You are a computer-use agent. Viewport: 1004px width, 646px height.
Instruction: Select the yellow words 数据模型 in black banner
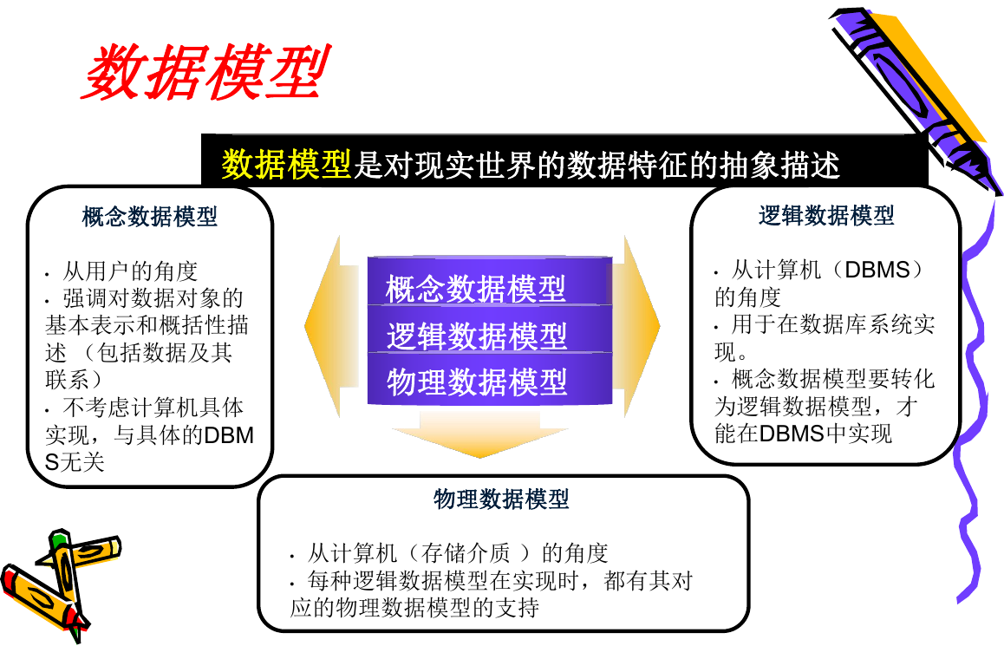[286, 164]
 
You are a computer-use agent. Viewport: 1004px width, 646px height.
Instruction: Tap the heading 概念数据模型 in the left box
[150, 217]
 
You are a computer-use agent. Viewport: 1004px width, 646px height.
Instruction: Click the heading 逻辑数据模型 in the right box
[826, 215]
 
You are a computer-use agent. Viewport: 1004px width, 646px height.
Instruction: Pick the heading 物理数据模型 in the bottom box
[501, 498]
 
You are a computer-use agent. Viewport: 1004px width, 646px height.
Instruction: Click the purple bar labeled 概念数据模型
[490, 281]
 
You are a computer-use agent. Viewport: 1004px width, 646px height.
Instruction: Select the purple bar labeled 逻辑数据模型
[490, 330]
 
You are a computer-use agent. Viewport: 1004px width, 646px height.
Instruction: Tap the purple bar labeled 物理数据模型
[490, 378]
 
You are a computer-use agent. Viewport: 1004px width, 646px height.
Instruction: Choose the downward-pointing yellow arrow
[480, 434]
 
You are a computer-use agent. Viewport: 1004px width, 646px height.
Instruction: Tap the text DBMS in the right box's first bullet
[877, 270]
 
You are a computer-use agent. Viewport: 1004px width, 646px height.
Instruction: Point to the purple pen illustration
[916, 96]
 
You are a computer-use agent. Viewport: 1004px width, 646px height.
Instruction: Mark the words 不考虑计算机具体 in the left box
[153, 408]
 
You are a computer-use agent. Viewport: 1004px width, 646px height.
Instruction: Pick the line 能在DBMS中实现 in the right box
[803, 434]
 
